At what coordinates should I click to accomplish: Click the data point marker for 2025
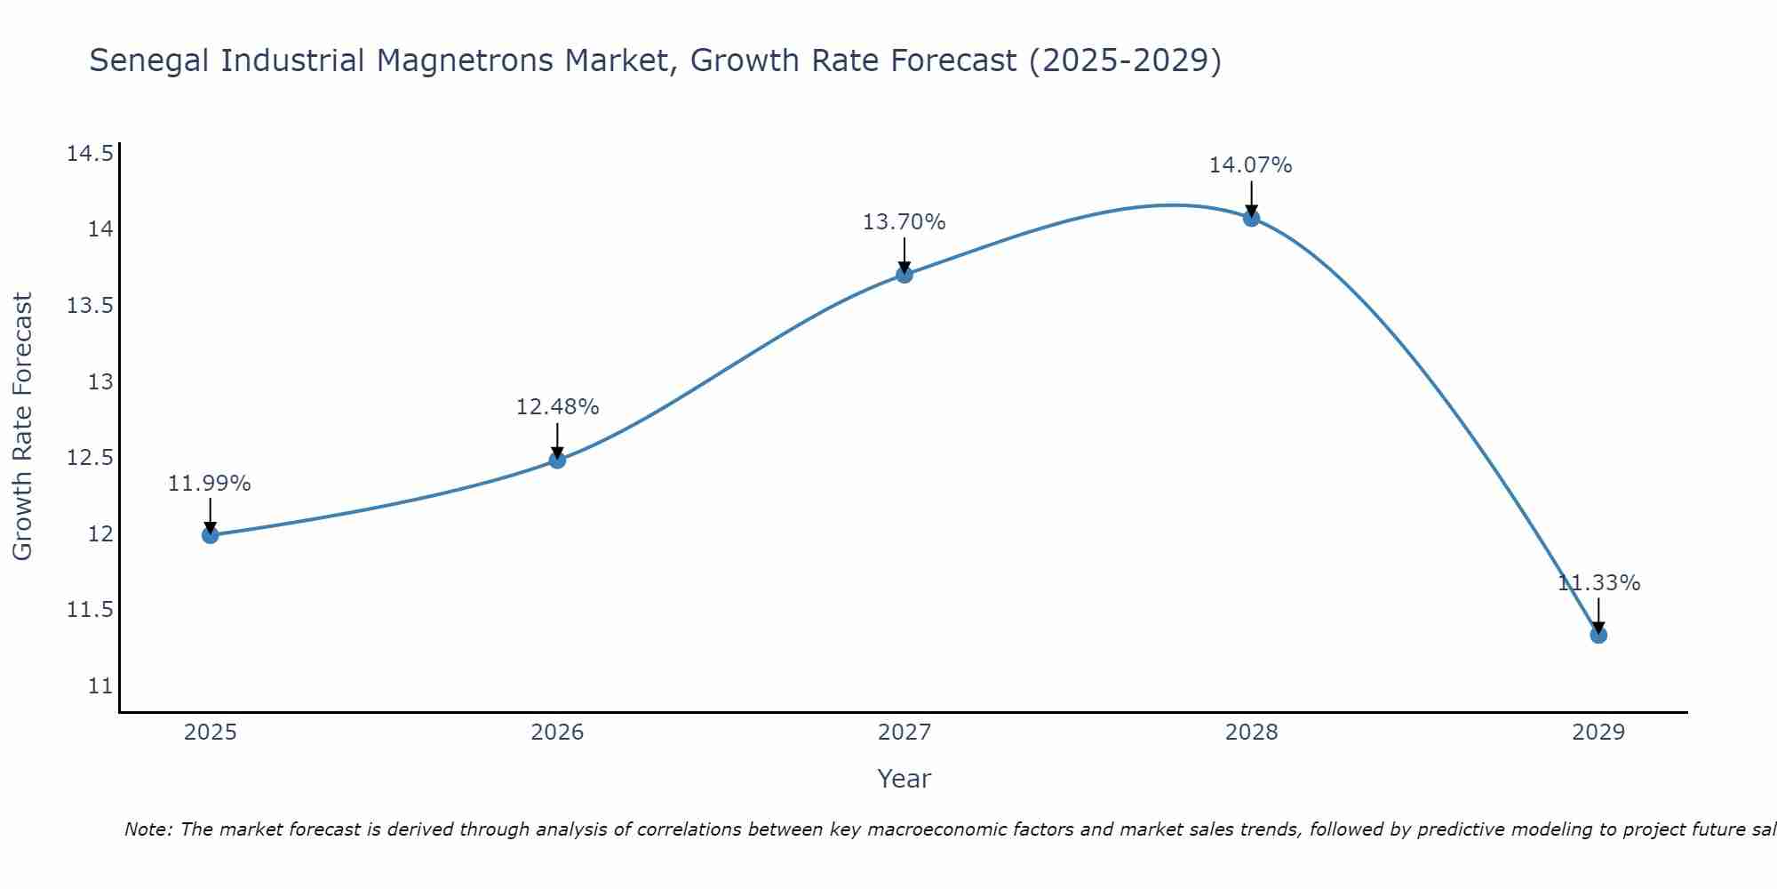pyautogui.click(x=211, y=534)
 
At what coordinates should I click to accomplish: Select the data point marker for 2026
pyautogui.click(x=557, y=460)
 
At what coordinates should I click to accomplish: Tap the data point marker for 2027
pyautogui.click(x=904, y=275)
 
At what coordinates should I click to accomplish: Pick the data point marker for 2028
pyautogui.click(x=1251, y=218)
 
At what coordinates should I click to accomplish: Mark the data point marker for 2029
pyautogui.click(x=1598, y=635)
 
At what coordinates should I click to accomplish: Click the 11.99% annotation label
pyautogui.click(x=210, y=484)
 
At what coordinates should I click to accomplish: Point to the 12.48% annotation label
pyautogui.click(x=557, y=407)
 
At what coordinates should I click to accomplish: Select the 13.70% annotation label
pyautogui.click(x=904, y=222)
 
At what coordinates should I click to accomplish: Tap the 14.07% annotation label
pyautogui.click(x=1250, y=165)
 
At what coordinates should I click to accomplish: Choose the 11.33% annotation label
pyautogui.click(x=1598, y=583)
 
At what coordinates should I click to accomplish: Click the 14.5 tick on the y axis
pyautogui.click(x=90, y=154)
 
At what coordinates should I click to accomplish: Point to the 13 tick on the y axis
pyautogui.click(x=100, y=382)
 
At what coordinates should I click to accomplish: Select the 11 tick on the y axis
pyautogui.click(x=100, y=686)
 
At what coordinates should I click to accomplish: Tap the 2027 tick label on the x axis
pyautogui.click(x=904, y=733)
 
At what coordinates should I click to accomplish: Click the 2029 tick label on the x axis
pyautogui.click(x=1598, y=733)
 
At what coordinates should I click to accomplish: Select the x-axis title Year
pyautogui.click(x=904, y=779)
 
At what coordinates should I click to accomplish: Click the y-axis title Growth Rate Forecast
pyautogui.click(x=22, y=427)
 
